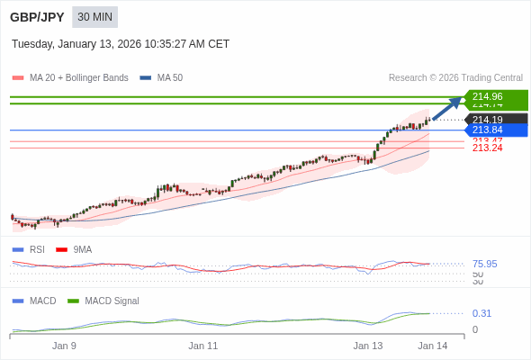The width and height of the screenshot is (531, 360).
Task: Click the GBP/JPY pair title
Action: click(x=37, y=17)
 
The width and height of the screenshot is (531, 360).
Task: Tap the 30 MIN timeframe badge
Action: click(x=94, y=17)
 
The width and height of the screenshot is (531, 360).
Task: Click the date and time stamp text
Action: click(x=121, y=44)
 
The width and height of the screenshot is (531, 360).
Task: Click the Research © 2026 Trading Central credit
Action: click(x=455, y=78)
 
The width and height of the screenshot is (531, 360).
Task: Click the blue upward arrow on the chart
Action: click(x=447, y=108)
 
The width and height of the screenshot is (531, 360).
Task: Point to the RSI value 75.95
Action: click(x=484, y=265)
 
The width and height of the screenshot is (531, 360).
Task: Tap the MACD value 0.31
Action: click(x=481, y=313)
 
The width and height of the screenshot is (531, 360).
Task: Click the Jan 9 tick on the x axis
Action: click(x=64, y=346)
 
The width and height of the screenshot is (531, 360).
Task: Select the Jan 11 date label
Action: click(x=203, y=346)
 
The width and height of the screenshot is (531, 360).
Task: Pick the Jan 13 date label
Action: click(x=367, y=346)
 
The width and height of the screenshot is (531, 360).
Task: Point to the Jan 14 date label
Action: click(x=432, y=346)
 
